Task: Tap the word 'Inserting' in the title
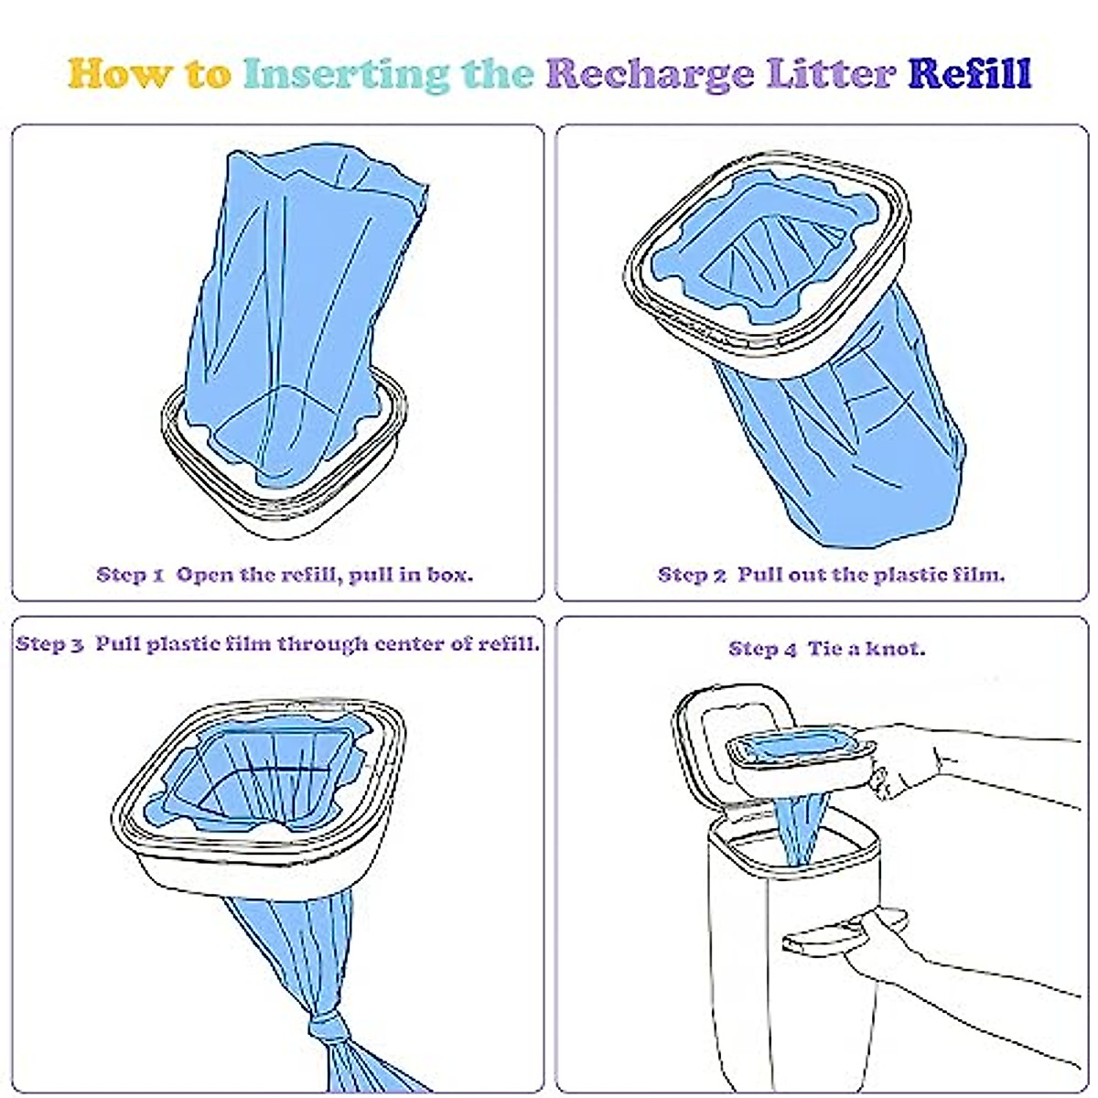point(347,74)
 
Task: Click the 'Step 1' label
point(130,576)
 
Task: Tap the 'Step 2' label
point(692,576)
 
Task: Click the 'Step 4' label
point(762,649)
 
